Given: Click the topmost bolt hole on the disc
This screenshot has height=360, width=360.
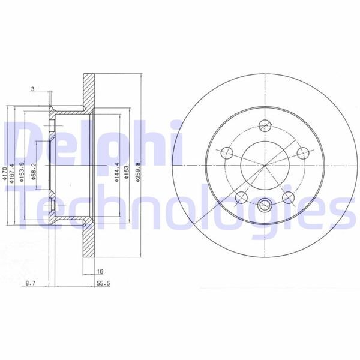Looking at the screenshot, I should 265,125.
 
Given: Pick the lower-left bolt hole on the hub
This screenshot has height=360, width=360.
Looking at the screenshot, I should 241,196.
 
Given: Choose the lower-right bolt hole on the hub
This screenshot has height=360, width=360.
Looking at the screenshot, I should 288,196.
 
